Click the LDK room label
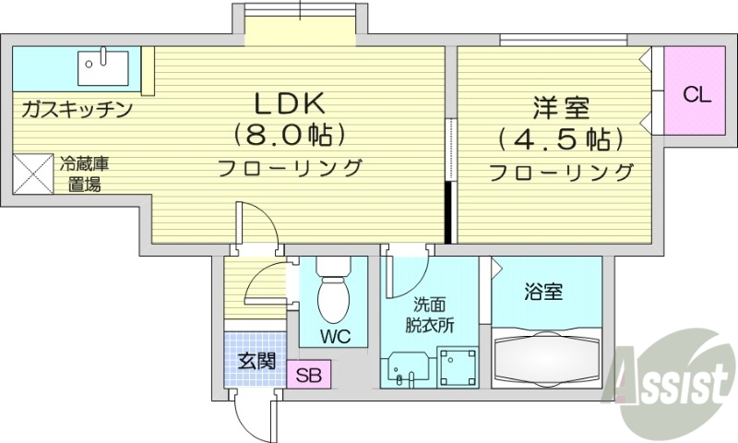tap(286, 103)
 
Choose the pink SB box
tap(307, 376)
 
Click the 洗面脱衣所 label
tap(433, 315)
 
